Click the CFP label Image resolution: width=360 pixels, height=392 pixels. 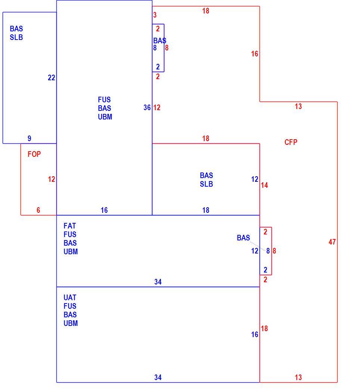[x=291, y=142]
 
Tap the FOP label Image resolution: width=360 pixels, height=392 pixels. [x=34, y=154]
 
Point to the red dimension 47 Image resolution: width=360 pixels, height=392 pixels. [x=332, y=242]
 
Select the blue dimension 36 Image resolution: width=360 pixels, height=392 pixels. [x=147, y=108]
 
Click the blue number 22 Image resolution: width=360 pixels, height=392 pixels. [x=51, y=78]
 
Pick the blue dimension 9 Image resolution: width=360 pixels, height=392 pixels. [x=29, y=138]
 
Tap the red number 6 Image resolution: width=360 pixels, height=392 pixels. [x=38, y=210]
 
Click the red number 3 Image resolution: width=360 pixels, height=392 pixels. [x=155, y=15]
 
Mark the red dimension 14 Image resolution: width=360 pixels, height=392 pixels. [x=264, y=185]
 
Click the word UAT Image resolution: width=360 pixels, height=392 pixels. [x=70, y=298]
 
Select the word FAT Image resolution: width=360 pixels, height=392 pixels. [x=69, y=226]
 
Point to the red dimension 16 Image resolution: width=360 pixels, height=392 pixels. [x=254, y=53]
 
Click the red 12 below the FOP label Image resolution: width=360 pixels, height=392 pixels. [x=51, y=179]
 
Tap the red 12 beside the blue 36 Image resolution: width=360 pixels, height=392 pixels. [x=157, y=108]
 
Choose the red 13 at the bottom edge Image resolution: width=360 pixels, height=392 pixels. [x=298, y=377]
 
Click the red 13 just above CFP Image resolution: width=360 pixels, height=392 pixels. [x=298, y=106]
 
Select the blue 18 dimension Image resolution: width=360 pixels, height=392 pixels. [x=206, y=210]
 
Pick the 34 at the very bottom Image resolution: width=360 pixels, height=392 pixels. [x=158, y=377]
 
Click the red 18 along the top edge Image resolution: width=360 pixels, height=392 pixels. [x=206, y=11]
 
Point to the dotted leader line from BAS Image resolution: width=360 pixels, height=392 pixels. [x=258, y=246]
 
